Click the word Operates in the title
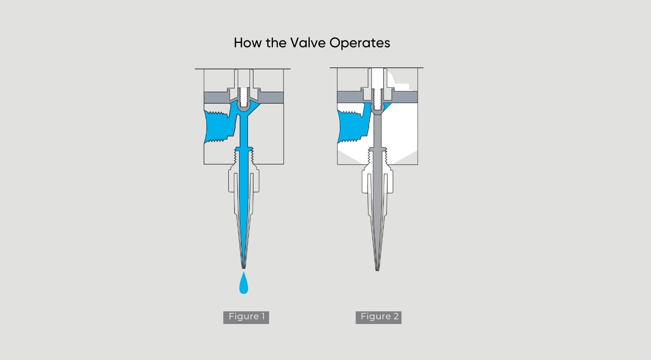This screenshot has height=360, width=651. point(360,43)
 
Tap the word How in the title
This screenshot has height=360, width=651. point(248,43)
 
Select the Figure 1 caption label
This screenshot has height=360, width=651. point(246,317)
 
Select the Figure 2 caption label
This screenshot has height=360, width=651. point(378,317)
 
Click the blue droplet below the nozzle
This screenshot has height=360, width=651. point(243,284)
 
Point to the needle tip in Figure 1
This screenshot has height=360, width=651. point(243,268)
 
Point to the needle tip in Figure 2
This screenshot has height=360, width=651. point(377,270)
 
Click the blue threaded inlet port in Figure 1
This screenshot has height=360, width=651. point(220,127)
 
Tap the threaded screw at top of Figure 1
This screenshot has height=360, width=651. point(244,97)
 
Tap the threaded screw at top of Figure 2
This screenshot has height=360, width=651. point(377,99)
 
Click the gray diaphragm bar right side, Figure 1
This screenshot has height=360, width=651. point(271,97)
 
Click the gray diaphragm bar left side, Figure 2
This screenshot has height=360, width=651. point(349,97)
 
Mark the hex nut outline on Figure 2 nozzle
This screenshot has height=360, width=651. point(377,182)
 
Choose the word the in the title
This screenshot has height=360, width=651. point(276,43)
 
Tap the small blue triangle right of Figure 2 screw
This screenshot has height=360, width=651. point(387,105)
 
